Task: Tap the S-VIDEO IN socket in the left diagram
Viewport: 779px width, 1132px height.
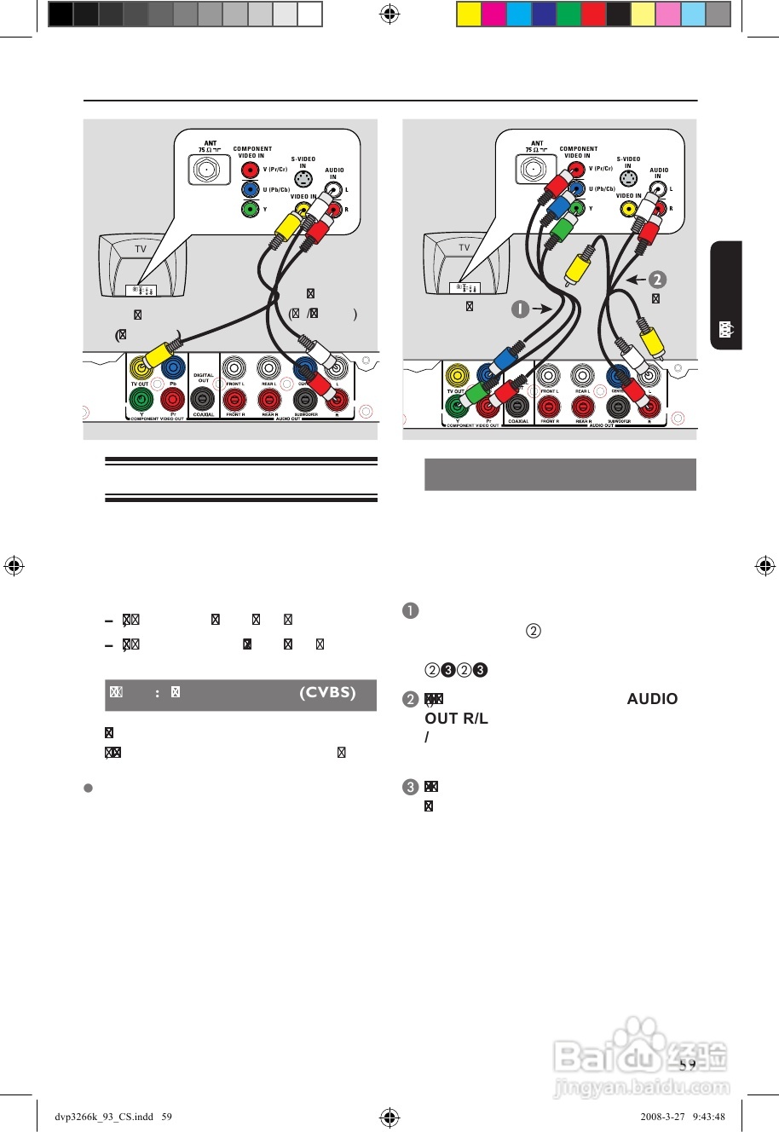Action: click(303, 180)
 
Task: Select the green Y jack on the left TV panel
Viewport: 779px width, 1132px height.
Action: click(250, 208)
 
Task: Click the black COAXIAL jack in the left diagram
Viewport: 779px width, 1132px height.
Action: click(203, 398)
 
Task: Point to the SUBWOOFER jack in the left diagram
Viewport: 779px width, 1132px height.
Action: click(305, 399)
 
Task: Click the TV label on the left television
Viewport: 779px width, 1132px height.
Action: click(141, 249)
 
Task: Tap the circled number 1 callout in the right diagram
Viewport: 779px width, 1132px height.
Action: click(520, 309)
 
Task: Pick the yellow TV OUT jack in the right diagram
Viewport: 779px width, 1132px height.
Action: click(457, 376)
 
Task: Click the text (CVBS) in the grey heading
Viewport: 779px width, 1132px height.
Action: click(327, 692)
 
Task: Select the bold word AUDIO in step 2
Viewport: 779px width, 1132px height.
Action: click(652, 699)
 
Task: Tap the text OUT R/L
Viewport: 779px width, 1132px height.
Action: click(456, 719)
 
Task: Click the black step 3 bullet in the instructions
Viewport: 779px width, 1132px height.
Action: click(409, 787)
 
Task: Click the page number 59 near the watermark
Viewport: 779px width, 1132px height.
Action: click(687, 1064)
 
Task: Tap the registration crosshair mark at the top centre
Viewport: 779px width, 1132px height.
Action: click(389, 14)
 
